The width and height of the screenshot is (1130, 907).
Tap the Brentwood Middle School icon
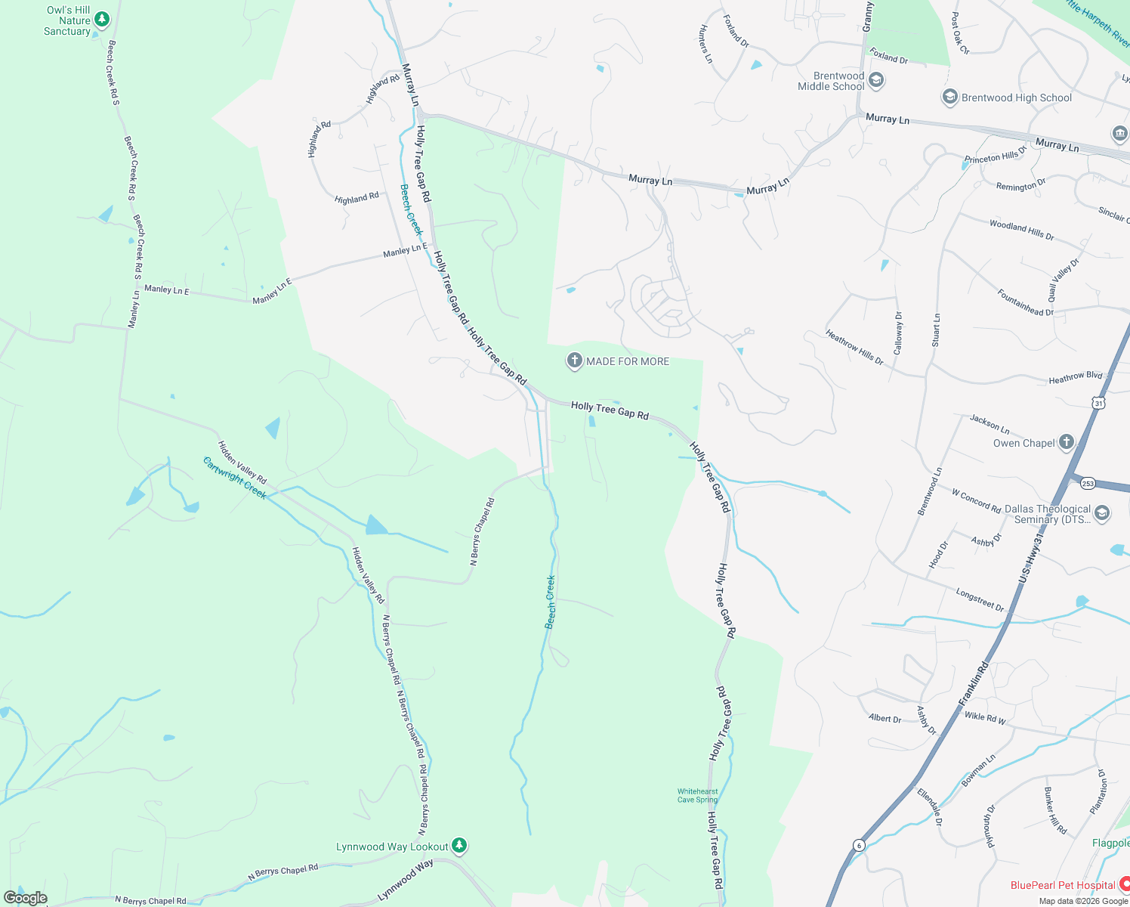tap(876, 80)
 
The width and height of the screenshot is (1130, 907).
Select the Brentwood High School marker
tap(949, 97)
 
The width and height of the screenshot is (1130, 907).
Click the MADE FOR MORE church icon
tap(574, 361)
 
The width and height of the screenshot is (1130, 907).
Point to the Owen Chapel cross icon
tap(1066, 442)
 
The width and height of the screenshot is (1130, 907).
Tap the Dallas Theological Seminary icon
tap(1102, 514)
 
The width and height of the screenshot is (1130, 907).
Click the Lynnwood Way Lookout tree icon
tap(459, 846)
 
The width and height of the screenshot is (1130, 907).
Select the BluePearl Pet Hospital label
tap(1063, 885)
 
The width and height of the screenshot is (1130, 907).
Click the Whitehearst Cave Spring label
tap(697, 795)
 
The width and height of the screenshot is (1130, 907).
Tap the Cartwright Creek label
tap(234, 478)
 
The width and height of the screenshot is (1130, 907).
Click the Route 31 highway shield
tap(1099, 403)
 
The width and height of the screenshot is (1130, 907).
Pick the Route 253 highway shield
tap(1088, 483)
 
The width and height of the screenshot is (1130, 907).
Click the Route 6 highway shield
tap(859, 845)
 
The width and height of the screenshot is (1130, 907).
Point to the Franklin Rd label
tap(974, 683)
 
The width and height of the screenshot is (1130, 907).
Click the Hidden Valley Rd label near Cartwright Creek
tap(242, 463)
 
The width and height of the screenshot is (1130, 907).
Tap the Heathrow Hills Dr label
tap(854, 348)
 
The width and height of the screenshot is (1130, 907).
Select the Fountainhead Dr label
tap(1025, 302)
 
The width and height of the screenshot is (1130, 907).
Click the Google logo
tap(26, 897)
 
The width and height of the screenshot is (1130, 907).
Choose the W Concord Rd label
tap(976, 500)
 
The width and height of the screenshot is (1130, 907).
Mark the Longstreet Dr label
tap(980, 600)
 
